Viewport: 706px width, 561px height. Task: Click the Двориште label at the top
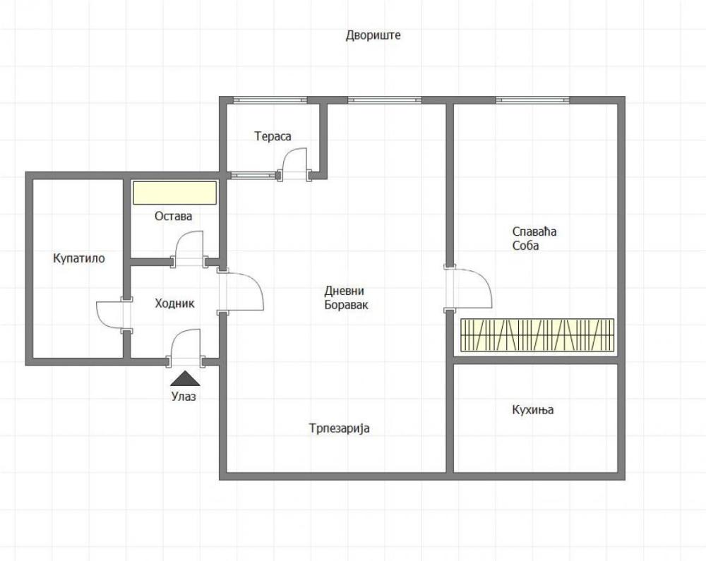tap(373, 35)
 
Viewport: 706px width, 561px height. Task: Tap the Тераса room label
tap(273, 136)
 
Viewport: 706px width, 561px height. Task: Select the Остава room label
tap(173, 216)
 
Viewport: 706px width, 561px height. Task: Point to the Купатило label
tap(78, 258)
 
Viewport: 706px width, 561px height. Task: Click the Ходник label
tap(174, 303)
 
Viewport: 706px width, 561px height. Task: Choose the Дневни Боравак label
tap(347, 298)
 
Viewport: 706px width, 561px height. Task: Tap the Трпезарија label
tap(339, 428)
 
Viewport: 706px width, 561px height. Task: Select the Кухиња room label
tap(533, 410)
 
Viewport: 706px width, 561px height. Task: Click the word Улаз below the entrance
tap(184, 397)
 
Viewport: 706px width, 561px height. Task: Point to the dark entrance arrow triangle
tap(185, 379)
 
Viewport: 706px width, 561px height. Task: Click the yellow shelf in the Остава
tap(174, 192)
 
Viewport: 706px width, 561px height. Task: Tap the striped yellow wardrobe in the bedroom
tap(537, 334)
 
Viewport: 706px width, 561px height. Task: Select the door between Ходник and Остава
tap(189, 249)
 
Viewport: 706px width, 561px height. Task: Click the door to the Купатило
tap(112, 314)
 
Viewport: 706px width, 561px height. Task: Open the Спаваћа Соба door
tap(469, 288)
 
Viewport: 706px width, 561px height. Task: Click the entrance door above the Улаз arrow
tap(185, 348)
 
